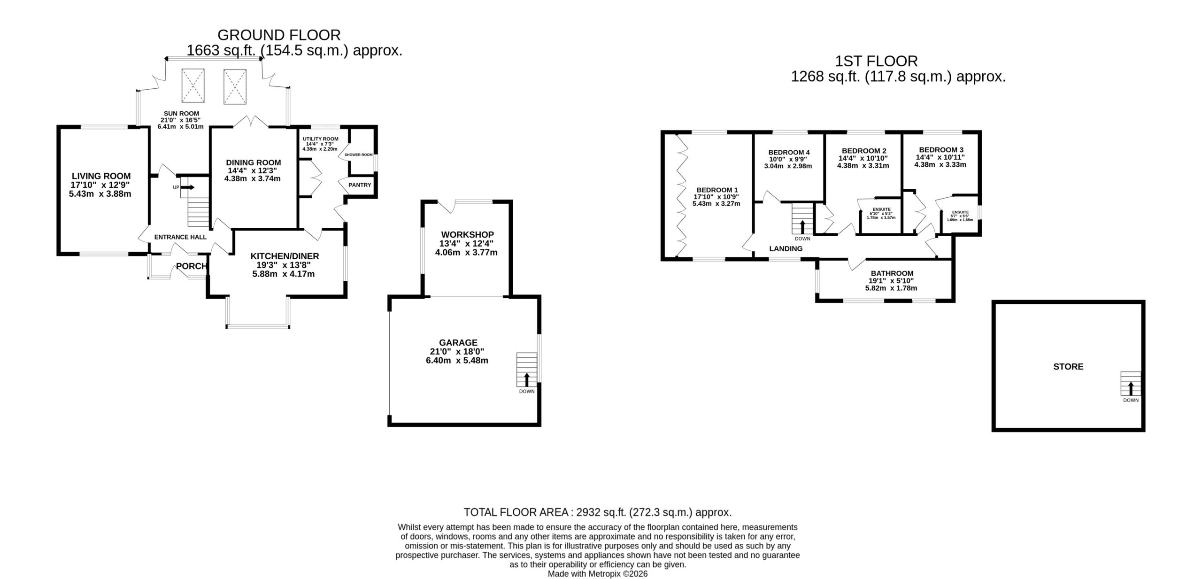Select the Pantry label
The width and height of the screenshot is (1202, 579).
[360, 185]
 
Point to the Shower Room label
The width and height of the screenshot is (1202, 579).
[359, 154]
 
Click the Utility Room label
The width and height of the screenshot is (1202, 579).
[320, 139]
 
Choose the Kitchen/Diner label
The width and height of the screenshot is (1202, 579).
[285, 256]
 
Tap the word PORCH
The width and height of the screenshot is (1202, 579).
[192, 266]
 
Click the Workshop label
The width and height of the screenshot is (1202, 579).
[467, 234]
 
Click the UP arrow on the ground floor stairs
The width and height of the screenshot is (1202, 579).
[188, 187]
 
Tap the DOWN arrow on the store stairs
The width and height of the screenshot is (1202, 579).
[1131, 388]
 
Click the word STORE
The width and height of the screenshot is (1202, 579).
[1068, 367]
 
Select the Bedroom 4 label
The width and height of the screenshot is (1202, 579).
[789, 152]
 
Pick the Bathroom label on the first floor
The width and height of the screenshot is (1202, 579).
[892, 273]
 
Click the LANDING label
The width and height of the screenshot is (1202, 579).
[786, 249]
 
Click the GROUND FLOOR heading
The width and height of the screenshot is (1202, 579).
[279, 35]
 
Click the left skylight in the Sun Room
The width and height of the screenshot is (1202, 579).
[193, 85]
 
